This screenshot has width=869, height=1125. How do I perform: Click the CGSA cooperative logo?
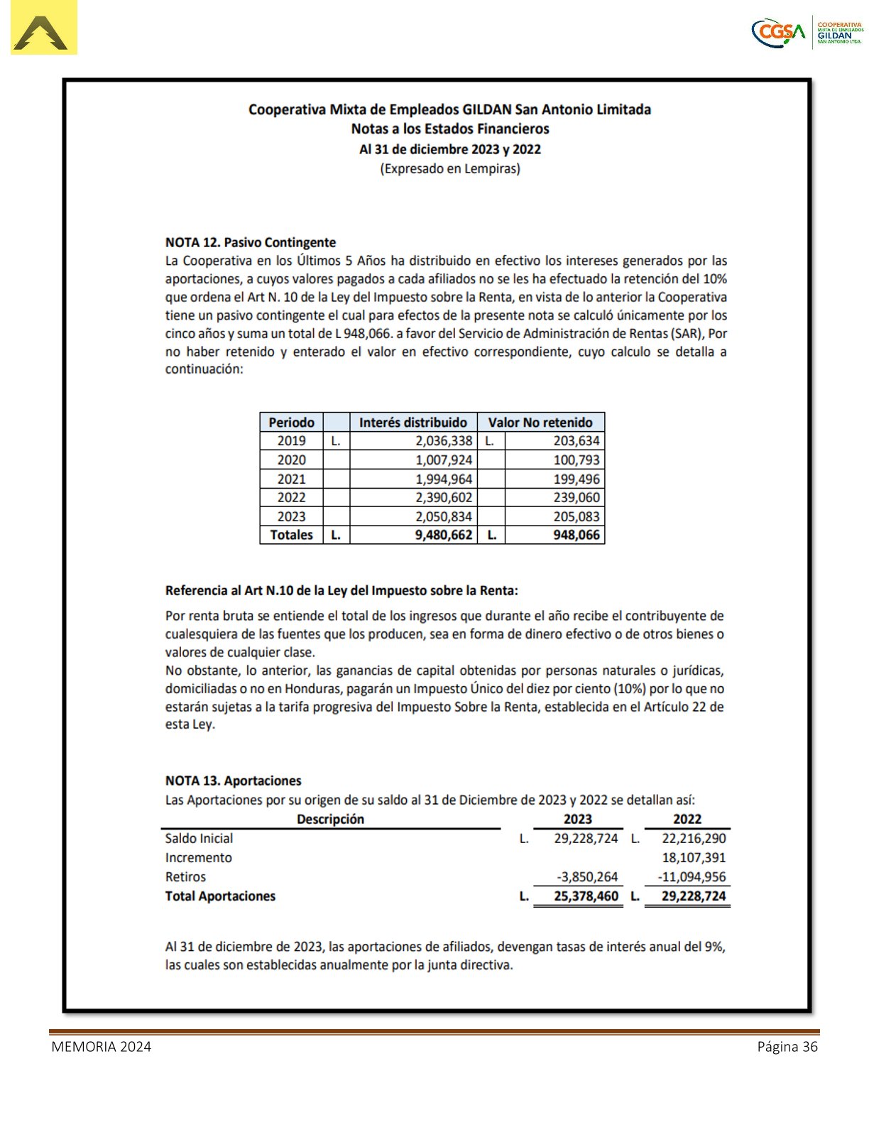click(x=807, y=33)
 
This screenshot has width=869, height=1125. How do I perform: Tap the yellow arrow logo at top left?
click(x=43, y=29)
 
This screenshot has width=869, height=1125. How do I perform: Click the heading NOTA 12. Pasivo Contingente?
click(x=250, y=242)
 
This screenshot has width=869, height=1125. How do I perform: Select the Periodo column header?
click(x=291, y=422)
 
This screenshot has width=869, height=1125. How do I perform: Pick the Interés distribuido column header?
click(x=412, y=422)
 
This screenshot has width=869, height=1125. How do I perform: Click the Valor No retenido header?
click(x=540, y=422)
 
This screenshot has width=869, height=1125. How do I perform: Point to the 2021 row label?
click(x=291, y=479)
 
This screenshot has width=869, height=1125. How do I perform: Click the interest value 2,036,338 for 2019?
click(x=444, y=441)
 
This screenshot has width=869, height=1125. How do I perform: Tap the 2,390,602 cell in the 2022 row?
click(x=444, y=498)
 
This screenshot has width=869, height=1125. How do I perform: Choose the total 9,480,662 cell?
click(x=444, y=535)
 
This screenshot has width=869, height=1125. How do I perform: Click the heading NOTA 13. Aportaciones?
click(x=233, y=781)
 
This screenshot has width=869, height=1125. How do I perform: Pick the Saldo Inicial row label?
click(x=199, y=838)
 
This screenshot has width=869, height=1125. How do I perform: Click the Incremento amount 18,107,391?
click(x=694, y=857)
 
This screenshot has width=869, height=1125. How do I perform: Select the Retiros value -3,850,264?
click(x=587, y=876)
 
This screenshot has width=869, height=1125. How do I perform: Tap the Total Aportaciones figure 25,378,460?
click(x=586, y=896)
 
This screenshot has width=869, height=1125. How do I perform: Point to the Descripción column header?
click(x=330, y=819)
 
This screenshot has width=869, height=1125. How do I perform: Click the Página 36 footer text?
click(x=787, y=1046)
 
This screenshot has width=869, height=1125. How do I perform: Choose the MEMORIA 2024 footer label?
click(x=101, y=1046)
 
